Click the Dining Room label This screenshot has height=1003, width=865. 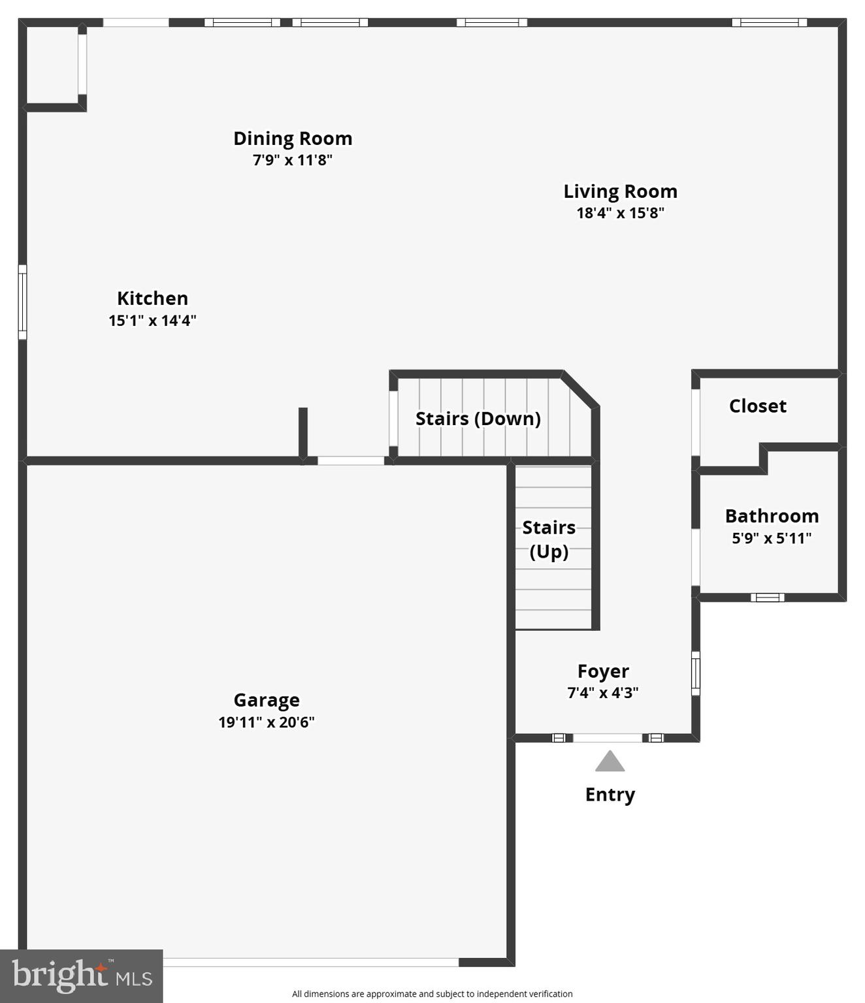pyautogui.click(x=293, y=138)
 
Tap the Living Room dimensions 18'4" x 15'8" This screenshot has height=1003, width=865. pyautogui.click(x=620, y=213)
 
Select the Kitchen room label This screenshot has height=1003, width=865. pyautogui.click(x=152, y=298)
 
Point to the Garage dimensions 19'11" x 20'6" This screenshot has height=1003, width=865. pyautogui.click(x=267, y=722)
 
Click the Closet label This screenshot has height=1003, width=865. pyautogui.click(x=757, y=406)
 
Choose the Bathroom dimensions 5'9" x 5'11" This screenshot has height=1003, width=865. pyautogui.click(x=772, y=538)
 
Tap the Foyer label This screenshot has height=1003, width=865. pyautogui.click(x=603, y=671)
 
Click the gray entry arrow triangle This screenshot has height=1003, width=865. pyautogui.click(x=610, y=762)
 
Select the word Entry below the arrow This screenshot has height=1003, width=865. pyautogui.click(x=610, y=795)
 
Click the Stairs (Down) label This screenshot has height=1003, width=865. pyautogui.click(x=478, y=419)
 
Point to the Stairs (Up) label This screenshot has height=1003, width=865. pyautogui.click(x=549, y=539)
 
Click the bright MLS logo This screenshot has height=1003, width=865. pyautogui.click(x=81, y=976)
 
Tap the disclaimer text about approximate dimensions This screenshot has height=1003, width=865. pyautogui.click(x=432, y=994)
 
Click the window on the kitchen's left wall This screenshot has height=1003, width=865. pyautogui.click(x=22, y=302)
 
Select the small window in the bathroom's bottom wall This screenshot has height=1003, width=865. pyautogui.click(x=767, y=597)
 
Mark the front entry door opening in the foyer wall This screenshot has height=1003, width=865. pyautogui.click(x=608, y=738)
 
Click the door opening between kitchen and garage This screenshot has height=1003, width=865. pyautogui.click(x=351, y=461)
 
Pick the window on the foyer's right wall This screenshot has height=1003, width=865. pyautogui.click(x=696, y=673)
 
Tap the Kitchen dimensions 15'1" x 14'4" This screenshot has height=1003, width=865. pyautogui.click(x=152, y=321)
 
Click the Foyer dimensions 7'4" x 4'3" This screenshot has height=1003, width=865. pyautogui.click(x=603, y=693)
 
